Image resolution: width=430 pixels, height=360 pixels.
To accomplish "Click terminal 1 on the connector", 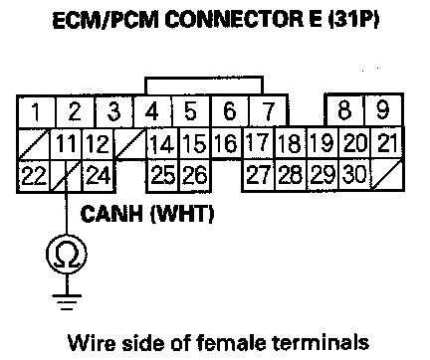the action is [x=36, y=111].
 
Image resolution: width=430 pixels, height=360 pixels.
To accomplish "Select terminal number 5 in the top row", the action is [x=191, y=111].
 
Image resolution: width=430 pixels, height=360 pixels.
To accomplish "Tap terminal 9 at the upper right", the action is [x=383, y=110].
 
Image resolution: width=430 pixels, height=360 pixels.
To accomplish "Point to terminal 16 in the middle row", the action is [x=227, y=143].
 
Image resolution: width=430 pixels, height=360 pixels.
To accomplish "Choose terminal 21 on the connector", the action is [x=387, y=143].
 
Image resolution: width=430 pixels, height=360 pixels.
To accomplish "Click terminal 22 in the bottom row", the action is [x=34, y=176].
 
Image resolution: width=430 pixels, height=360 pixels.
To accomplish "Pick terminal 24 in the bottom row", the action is [x=99, y=176].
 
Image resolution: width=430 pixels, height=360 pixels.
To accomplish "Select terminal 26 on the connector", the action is [x=195, y=176].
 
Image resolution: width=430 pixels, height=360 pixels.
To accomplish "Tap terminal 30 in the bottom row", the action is [x=354, y=175].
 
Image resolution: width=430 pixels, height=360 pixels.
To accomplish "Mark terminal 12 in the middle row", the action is [x=98, y=144].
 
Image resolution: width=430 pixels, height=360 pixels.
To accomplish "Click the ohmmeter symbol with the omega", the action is [x=67, y=255].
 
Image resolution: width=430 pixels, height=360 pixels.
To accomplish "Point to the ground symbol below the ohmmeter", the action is [x=67, y=301].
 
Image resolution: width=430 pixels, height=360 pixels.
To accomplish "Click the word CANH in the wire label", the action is [x=111, y=214].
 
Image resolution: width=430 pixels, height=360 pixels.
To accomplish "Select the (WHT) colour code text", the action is [x=182, y=214].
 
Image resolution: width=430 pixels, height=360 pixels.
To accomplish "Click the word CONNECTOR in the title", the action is [x=234, y=20].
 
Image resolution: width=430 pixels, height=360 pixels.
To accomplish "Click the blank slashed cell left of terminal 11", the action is [x=34, y=144].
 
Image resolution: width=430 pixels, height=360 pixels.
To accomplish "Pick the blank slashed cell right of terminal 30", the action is [x=387, y=175].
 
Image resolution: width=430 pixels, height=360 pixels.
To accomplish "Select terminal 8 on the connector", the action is [x=345, y=110].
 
